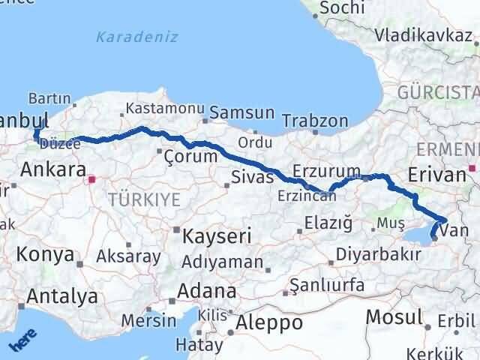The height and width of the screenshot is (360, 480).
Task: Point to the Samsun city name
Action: click(x=242, y=113)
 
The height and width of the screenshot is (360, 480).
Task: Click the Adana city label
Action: click(x=208, y=290)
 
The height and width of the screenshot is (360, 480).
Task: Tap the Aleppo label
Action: click(x=269, y=323)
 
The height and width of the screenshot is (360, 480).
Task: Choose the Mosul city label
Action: click(x=393, y=317)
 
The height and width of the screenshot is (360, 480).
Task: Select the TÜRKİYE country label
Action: click(x=144, y=199)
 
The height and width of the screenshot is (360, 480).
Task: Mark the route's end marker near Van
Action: click(x=434, y=239)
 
